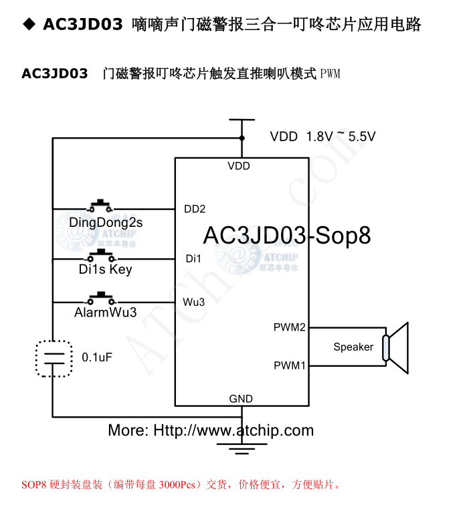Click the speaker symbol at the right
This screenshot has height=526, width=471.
395,347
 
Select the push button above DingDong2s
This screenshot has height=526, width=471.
101,205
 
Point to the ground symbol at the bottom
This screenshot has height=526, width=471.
238,445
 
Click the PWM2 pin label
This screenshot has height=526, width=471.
289,327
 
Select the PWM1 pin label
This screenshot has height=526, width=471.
289,366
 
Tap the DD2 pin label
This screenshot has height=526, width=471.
195,209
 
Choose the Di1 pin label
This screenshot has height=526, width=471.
193,258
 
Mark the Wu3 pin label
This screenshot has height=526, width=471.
193,302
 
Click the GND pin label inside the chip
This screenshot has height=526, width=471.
241,399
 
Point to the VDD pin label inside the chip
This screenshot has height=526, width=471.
239,166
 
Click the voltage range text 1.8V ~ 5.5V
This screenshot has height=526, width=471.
341,137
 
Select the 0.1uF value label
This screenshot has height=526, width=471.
97,357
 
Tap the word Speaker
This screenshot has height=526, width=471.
353,347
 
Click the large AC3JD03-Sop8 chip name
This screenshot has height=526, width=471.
286,235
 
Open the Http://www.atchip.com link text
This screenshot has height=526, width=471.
233,430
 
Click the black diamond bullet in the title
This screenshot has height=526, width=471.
29,24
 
